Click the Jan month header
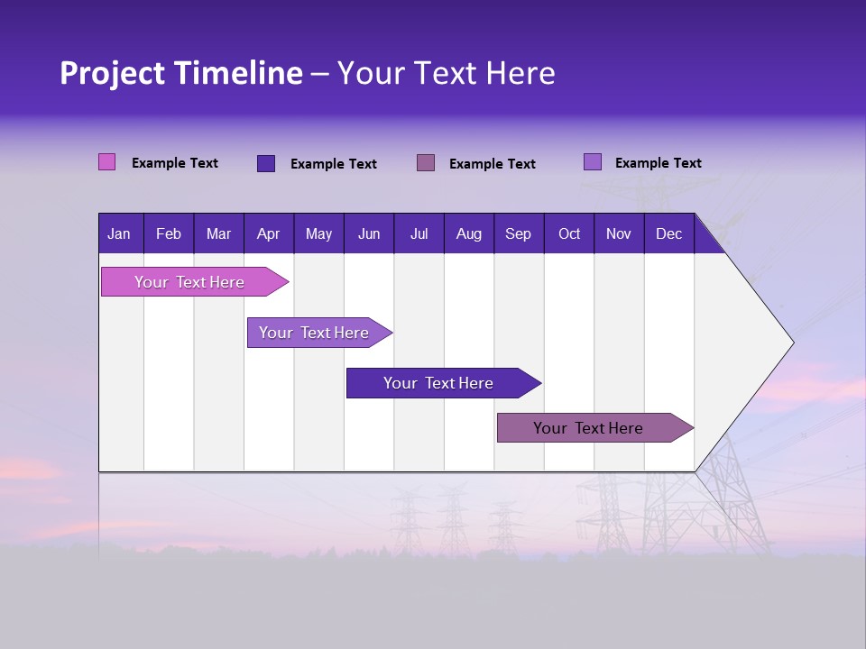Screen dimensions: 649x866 click(119, 233)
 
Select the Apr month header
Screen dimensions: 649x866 click(268, 233)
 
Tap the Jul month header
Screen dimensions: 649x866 click(419, 233)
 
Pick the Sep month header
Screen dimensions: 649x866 click(518, 233)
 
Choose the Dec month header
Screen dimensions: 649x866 click(668, 233)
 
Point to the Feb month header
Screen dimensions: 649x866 click(169, 233)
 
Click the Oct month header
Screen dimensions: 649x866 click(569, 233)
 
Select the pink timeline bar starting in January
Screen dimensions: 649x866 click(190, 282)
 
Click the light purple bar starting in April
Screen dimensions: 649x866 click(315, 333)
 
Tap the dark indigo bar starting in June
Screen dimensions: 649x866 click(439, 383)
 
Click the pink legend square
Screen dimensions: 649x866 click(107, 162)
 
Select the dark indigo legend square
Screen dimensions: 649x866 click(266, 163)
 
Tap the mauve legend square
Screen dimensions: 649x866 click(426, 162)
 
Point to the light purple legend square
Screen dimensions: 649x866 click(593, 162)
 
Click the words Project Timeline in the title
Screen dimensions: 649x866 click(180, 73)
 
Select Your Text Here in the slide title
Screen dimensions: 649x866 click(447, 73)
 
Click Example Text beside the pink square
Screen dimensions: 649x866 click(175, 163)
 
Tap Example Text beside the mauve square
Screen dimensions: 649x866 click(493, 164)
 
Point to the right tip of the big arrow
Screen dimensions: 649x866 click(791, 342)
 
